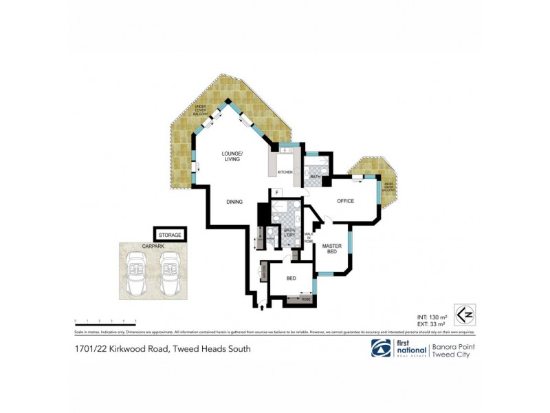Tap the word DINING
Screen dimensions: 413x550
click(235, 202)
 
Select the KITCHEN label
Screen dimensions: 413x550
click(285, 172)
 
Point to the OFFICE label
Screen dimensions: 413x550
click(344, 201)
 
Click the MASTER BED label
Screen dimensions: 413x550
click(333, 249)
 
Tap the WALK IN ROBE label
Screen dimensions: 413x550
click(308, 241)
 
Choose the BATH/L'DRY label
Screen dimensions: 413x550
click(280, 234)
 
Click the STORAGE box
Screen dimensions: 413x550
click(170, 235)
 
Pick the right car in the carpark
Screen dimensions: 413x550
click(169, 271)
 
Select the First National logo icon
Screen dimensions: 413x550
click(381, 348)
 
